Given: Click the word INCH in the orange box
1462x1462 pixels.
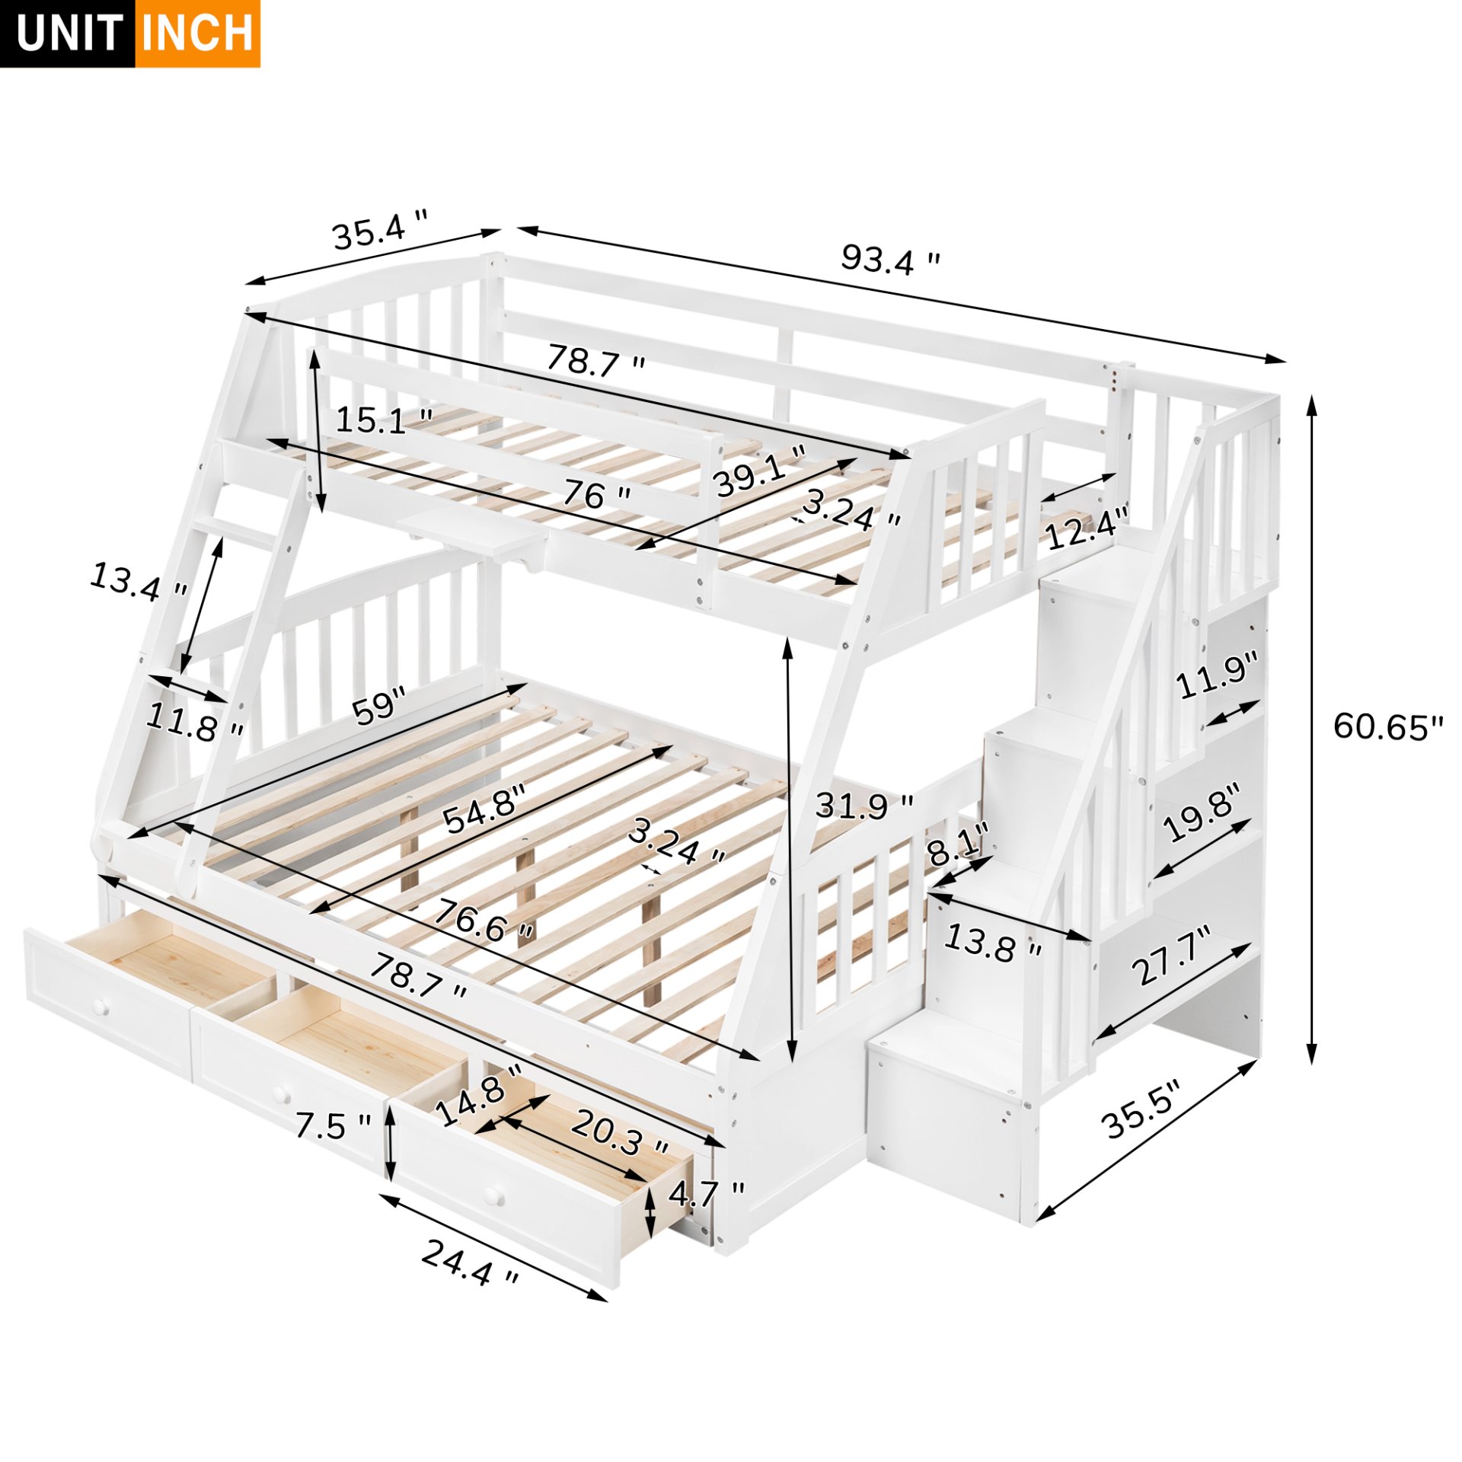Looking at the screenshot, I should tap(197, 34).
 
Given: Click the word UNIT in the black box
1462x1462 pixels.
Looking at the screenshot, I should tap(69, 34).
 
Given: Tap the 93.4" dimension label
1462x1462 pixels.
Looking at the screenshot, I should tap(889, 260).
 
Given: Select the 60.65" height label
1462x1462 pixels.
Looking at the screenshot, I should tap(1387, 727).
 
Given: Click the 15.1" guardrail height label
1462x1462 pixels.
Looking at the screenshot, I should tap(384, 420).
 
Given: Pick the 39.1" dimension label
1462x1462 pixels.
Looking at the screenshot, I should tap(758, 470).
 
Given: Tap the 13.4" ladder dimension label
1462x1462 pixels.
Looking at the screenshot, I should tap(138, 581).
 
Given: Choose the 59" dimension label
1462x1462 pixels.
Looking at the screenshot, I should tap(378, 705).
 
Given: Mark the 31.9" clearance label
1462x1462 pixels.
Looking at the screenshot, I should tap(863, 806).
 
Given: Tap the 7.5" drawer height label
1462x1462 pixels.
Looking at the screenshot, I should tap(333, 1125).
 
